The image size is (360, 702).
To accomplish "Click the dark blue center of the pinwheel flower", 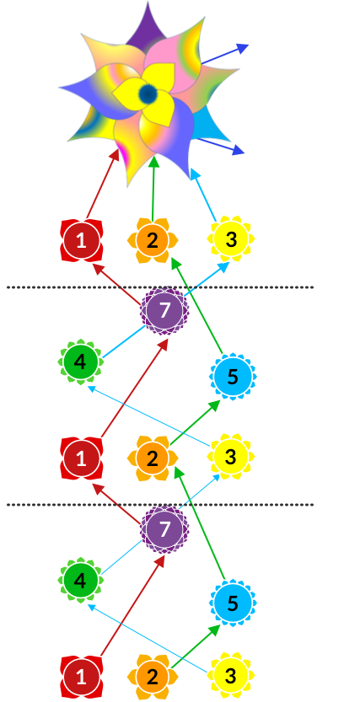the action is point(148,94).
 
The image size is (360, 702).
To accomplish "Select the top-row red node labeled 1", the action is point(81,241).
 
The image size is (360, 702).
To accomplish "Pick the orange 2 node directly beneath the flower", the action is point(153,241).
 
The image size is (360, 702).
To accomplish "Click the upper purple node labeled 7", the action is point(164,310).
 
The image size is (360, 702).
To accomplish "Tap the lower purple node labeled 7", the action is point(164,528).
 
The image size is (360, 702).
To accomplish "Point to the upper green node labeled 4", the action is point(80,362).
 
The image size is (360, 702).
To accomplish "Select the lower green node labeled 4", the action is point(80,580).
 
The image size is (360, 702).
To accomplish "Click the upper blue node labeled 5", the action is point(233,377).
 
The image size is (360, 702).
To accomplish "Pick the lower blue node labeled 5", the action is point(233,603).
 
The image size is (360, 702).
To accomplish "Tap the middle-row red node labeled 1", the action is point(81,459).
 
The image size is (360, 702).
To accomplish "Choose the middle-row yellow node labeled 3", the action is point(231,457).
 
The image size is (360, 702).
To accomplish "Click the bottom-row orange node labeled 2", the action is point(153,677).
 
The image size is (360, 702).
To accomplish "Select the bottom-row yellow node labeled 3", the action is point(231,676).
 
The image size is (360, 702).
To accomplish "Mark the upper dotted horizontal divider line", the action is point(160,287).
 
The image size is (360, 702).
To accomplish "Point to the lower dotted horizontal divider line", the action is point(160,505).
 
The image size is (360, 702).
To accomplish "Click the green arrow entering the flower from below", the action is point(153,189).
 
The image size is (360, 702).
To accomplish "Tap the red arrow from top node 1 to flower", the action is point(104,184).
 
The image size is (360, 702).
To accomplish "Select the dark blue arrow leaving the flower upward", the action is point(224,54).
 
